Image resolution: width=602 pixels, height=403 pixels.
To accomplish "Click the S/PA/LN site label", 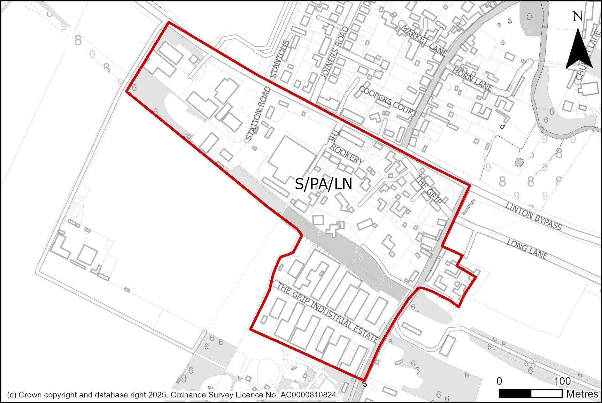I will [323, 185].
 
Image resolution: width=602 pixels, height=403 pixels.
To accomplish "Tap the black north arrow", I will [579, 51].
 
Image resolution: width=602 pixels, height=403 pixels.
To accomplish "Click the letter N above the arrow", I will [577, 16].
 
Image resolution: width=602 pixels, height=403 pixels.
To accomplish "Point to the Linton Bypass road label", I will [533, 216].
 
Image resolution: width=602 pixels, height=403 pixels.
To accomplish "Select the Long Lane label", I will [527, 249].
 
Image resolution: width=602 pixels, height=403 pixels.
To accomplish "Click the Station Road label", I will [258, 114].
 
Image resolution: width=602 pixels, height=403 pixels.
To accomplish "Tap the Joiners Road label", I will [334, 53].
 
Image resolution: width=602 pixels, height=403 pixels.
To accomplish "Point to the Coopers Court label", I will [388, 101].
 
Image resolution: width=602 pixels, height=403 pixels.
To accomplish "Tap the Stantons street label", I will [280, 59].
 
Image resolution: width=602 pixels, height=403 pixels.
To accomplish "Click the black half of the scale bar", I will [515, 393].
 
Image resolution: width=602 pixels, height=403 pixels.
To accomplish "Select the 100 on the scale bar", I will [562, 381].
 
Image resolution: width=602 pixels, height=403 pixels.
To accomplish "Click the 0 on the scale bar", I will [499, 381].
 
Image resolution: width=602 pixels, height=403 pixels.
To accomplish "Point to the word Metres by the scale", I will [582, 394].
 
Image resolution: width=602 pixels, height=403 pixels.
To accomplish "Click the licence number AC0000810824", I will [309, 395].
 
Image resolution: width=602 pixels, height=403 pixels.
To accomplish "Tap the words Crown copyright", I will [48, 395].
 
